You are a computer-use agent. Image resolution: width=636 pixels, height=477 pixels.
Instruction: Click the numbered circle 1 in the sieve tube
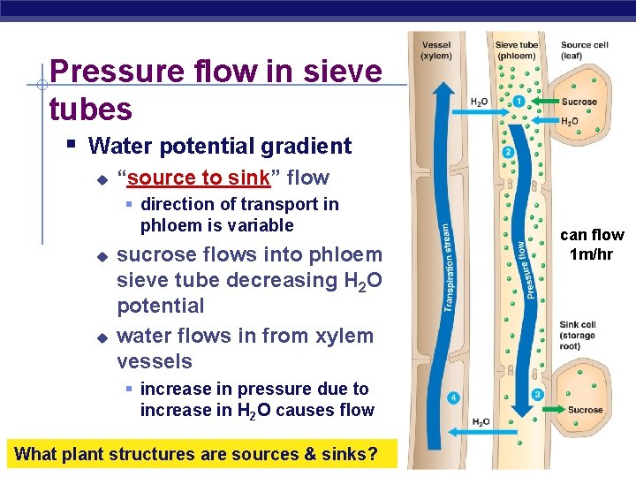tap(519, 102)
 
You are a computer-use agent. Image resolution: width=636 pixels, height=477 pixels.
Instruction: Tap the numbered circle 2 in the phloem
tap(508, 153)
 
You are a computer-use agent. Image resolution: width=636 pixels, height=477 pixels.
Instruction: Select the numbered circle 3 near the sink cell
tap(537, 394)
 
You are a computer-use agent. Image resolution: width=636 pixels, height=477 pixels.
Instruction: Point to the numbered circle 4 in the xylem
tap(453, 398)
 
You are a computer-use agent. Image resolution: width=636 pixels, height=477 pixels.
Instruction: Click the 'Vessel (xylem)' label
tap(435, 50)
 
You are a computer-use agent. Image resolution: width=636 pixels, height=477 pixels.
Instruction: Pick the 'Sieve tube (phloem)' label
tap(517, 50)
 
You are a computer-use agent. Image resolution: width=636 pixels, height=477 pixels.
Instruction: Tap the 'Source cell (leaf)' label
tap(584, 50)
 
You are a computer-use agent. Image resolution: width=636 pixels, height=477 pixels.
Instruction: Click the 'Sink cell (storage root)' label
tap(578, 336)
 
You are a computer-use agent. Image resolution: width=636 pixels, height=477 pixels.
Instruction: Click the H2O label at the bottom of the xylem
tap(481, 422)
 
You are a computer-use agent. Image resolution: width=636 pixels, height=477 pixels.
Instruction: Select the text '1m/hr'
tap(592, 254)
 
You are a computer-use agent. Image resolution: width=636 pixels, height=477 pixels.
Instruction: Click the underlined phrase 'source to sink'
tap(198, 178)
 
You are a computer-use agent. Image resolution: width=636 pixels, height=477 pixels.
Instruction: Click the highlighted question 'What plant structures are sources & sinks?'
tap(197, 455)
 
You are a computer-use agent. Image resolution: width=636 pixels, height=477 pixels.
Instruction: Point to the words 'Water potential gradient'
tap(220, 146)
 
